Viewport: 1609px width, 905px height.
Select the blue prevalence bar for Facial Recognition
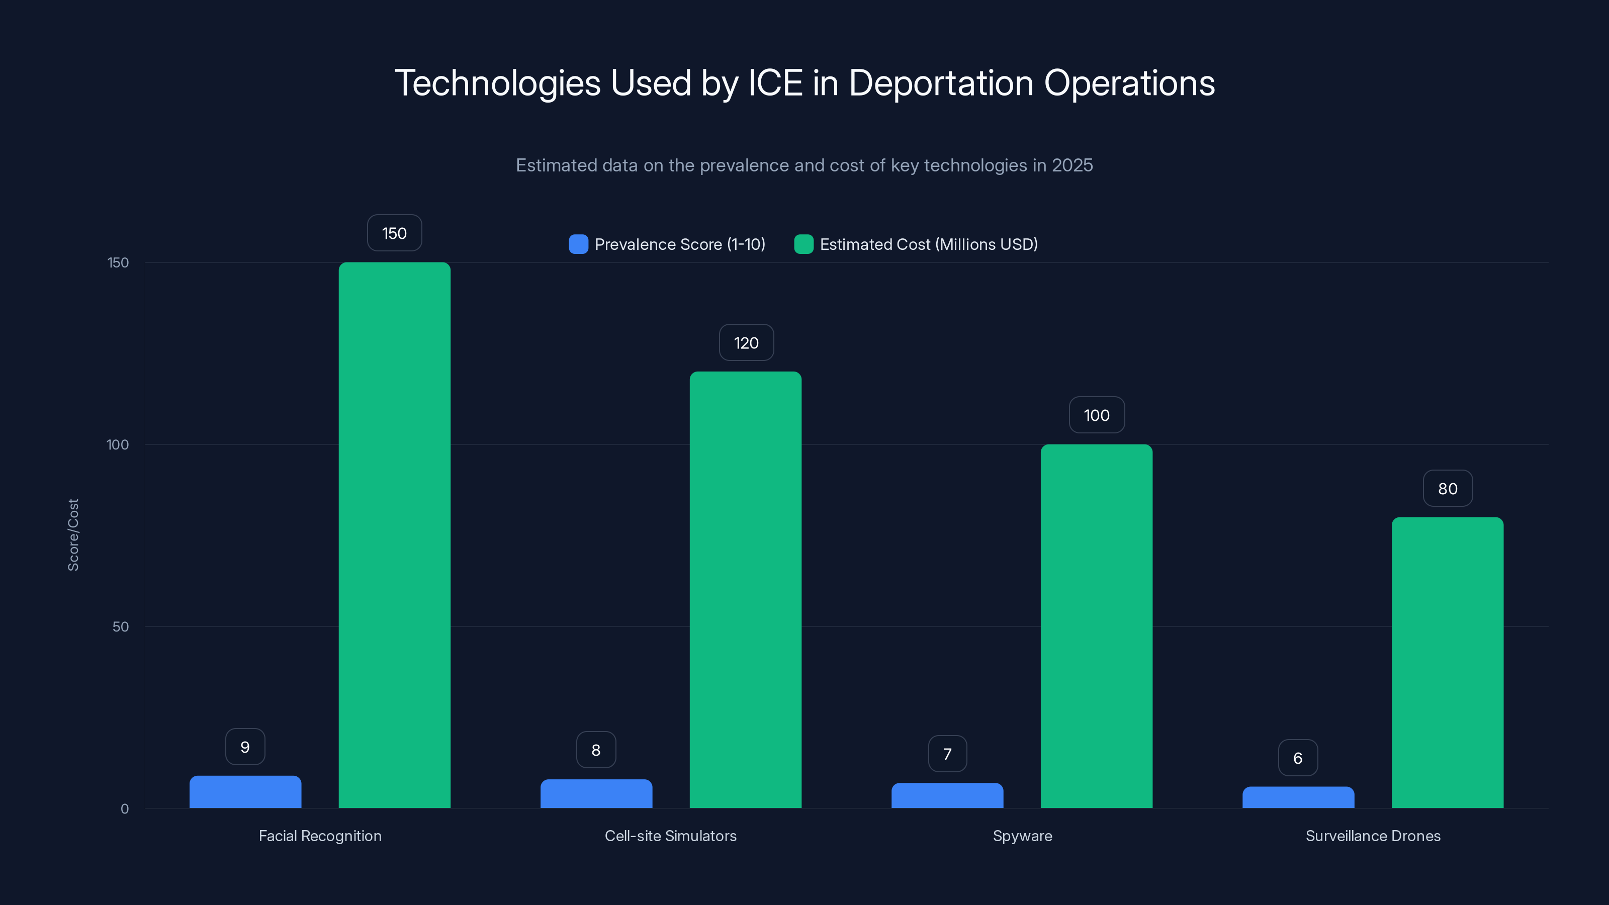[x=245, y=792]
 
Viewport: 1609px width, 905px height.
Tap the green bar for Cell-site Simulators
[x=745, y=590]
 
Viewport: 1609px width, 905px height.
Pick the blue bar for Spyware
[x=947, y=796]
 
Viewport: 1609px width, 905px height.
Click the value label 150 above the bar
[x=394, y=233]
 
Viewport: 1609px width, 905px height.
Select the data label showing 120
[x=746, y=343]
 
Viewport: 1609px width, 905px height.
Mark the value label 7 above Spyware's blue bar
[x=947, y=754]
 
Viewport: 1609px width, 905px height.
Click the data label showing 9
[x=245, y=747]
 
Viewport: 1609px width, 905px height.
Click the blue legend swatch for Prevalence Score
[x=578, y=244]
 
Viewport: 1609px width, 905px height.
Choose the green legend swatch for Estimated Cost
[x=803, y=244]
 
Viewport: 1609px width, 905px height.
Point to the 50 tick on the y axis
[x=120, y=626]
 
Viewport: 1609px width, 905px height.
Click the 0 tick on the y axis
[x=124, y=809]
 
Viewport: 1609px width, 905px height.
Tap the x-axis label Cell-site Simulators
[x=670, y=836]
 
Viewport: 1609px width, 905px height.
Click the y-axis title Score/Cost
[x=73, y=534]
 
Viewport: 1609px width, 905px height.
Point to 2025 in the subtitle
[x=1072, y=165]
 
